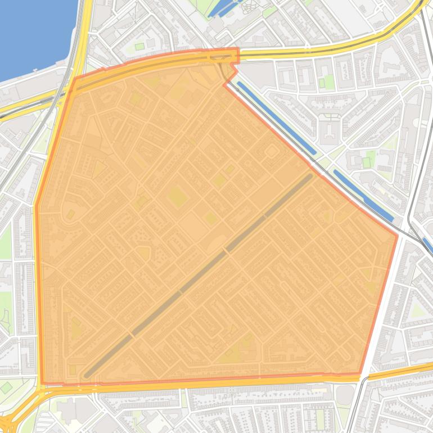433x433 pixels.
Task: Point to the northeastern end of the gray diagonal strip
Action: click(310, 176)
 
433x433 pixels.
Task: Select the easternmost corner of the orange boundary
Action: click(397, 236)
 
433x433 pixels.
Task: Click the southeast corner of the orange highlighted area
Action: click(360, 373)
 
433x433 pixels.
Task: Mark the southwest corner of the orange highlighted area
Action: click(42, 385)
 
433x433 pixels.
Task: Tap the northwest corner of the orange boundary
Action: click(75, 79)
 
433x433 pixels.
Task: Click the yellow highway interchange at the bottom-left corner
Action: click(14, 413)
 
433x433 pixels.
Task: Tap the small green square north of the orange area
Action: click(139, 47)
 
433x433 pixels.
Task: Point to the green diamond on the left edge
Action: click(6, 387)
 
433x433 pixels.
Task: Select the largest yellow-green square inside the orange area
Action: click(177, 197)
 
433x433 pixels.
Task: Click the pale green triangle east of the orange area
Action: click(416, 309)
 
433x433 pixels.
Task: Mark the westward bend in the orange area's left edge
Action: click(37, 205)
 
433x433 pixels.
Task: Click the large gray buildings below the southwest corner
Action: click(73, 411)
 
